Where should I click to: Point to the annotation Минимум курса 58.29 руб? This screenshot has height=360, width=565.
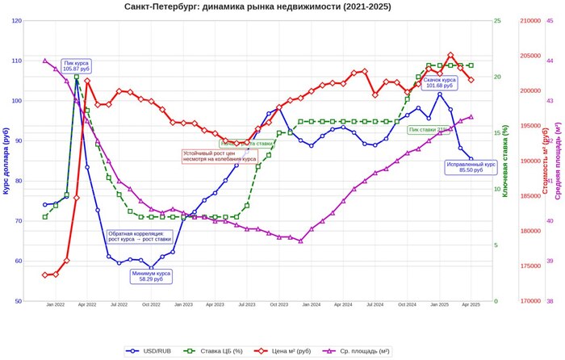[x=154, y=276]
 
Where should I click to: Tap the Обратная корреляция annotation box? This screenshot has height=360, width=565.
[x=140, y=237]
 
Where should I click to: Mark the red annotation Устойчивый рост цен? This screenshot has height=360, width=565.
[x=208, y=156]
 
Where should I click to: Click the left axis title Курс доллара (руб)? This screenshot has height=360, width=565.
[x=6, y=161]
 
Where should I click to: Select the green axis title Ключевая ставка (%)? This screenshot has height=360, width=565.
[x=505, y=161]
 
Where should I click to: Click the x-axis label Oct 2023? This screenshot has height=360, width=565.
[x=278, y=305]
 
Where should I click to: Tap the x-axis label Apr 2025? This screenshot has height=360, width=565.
[x=471, y=305]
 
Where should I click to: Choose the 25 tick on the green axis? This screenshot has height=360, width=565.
[x=497, y=21]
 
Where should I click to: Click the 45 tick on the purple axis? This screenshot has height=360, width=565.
[x=550, y=21]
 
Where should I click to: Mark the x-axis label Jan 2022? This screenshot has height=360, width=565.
[x=55, y=305]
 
